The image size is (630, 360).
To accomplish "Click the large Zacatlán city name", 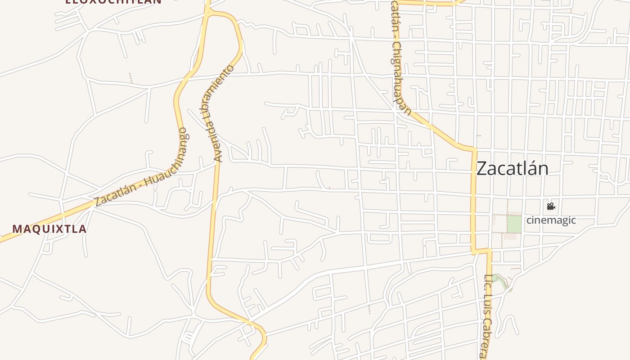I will tap(512, 169).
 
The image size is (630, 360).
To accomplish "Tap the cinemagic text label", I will tap(551, 220).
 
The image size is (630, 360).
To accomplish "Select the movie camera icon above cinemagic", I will tap(551, 207).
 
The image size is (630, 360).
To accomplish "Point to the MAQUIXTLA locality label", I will tap(49, 229).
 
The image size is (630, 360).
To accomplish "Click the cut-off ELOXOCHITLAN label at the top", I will tap(113, 1).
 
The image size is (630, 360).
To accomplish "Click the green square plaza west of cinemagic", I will tap(514, 224).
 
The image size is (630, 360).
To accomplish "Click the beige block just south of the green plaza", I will tap(510, 236).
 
